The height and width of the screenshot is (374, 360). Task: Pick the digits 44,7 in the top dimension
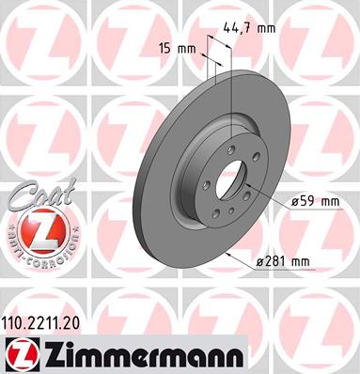pyautogui.click(x=246, y=27)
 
